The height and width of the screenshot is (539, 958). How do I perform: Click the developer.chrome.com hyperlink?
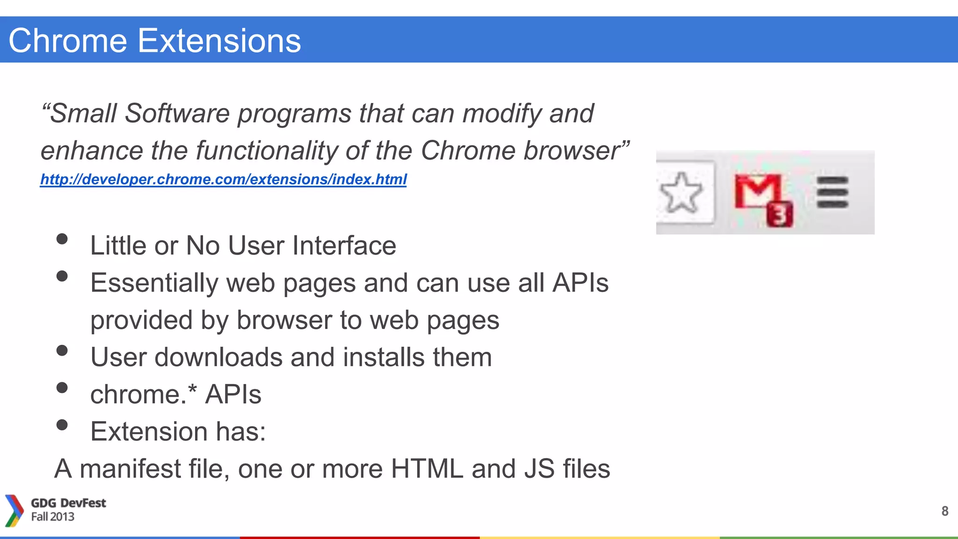coord(223,179)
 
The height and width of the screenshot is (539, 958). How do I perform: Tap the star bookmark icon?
coord(681,192)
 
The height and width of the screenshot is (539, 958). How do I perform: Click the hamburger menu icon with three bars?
coord(832,192)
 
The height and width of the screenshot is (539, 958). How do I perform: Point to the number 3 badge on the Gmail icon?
coord(780,215)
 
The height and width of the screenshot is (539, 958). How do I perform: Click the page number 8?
coord(944,511)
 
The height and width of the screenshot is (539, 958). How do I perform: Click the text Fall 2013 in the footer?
coord(52,517)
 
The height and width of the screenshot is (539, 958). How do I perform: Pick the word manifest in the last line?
coord(130,469)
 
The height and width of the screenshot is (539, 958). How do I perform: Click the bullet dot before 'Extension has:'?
coord(62,425)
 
